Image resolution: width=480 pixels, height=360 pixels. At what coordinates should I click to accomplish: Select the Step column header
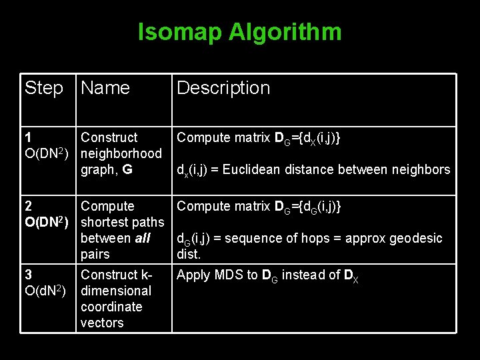coord(44,88)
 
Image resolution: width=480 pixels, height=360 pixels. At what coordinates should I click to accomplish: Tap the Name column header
coord(105,88)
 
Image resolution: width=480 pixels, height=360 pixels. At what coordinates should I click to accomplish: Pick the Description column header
coord(223,88)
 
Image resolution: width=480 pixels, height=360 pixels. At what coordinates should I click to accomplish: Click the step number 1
coord(28,137)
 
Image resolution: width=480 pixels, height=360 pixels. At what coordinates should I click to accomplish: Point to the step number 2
coord(28,207)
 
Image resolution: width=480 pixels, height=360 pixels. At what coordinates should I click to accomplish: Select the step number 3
coord(28,275)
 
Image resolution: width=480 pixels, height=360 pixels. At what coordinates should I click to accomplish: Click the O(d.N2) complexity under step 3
coord(45,291)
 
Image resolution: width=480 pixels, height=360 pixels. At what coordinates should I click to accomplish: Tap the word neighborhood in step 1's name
coord(121,153)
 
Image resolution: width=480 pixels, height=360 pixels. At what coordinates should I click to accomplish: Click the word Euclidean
coord(251,170)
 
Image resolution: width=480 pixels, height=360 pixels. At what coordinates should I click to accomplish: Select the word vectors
coord(102,323)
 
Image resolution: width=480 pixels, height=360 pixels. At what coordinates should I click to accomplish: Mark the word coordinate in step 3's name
coord(111,307)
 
